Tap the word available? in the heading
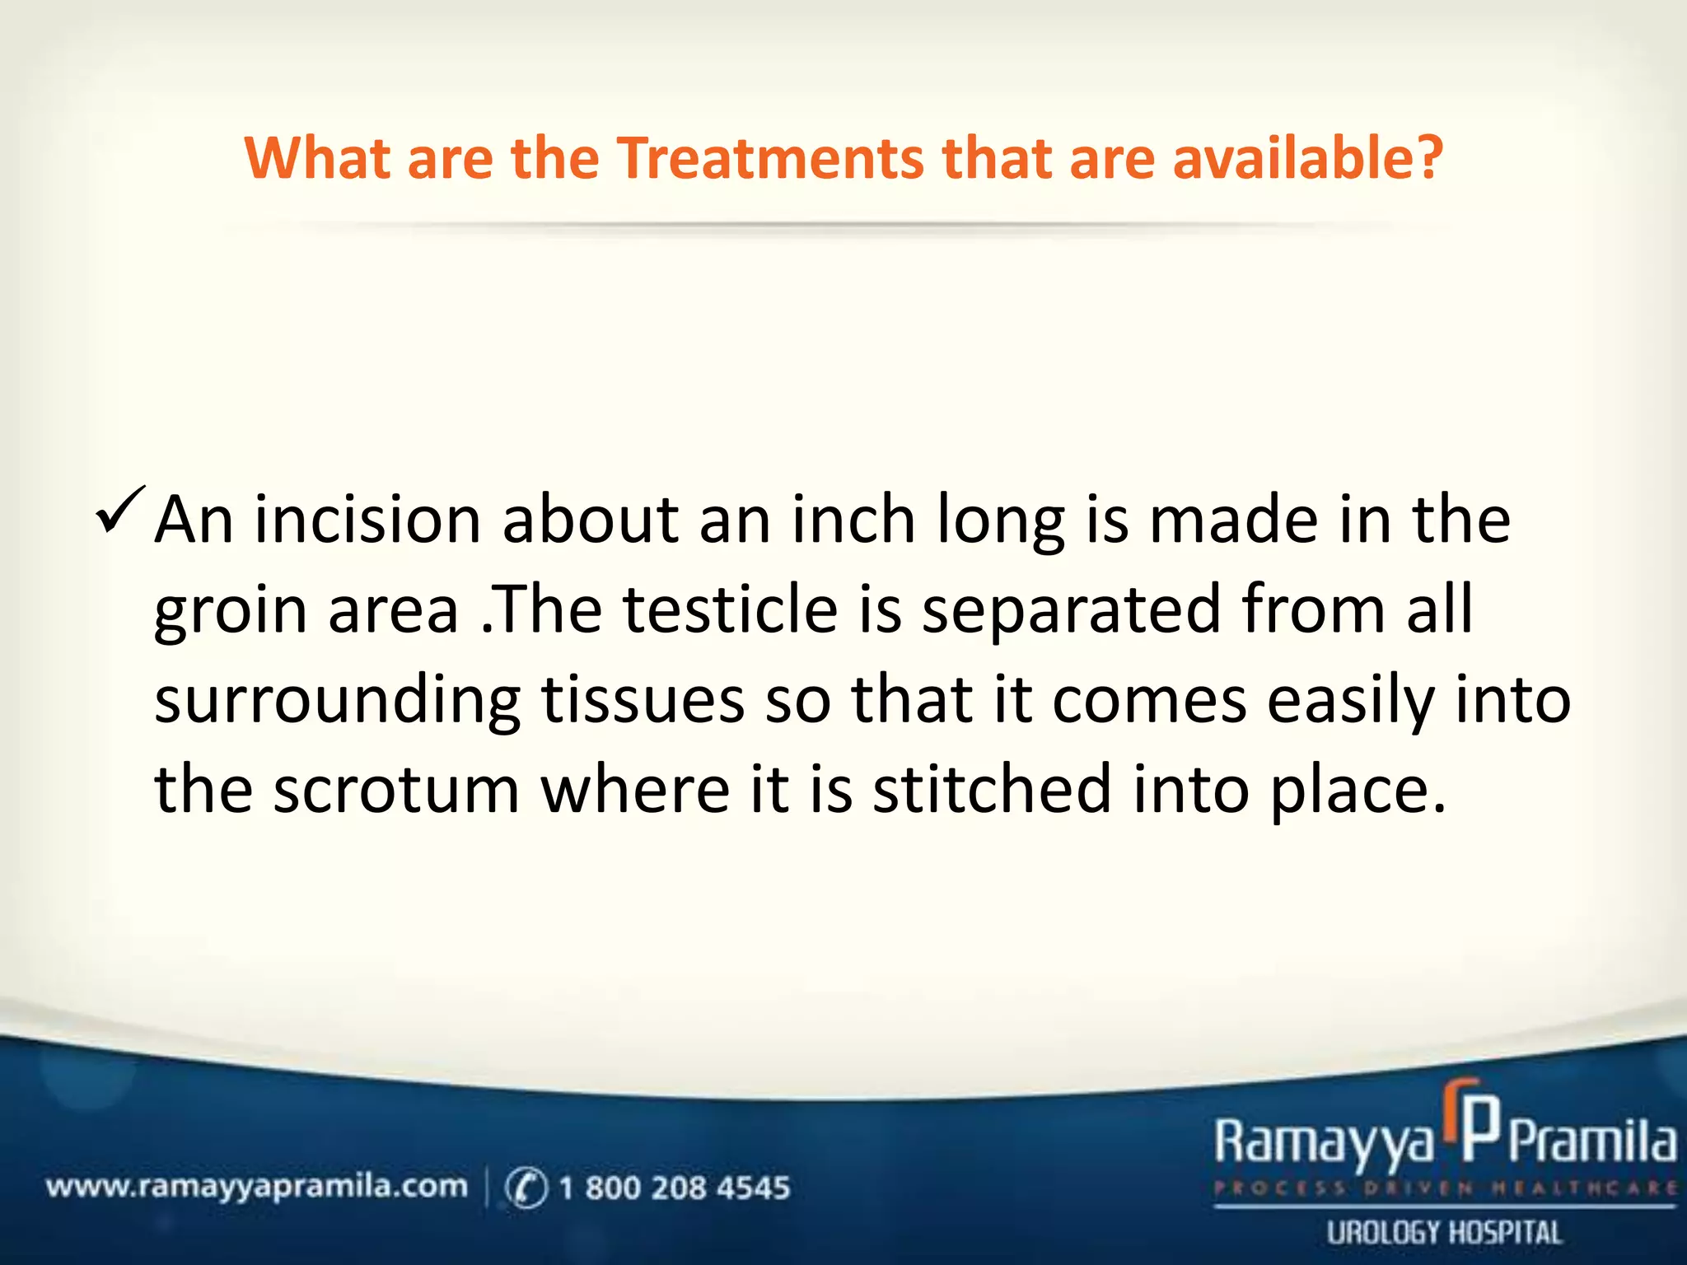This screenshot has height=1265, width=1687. [1307, 158]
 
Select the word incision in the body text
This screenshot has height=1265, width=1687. [367, 521]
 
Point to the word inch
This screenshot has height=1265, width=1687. [853, 521]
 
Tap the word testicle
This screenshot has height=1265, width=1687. [729, 610]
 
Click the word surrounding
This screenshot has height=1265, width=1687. [337, 703]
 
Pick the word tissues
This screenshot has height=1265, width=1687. [643, 701]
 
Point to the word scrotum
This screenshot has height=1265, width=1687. [396, 791]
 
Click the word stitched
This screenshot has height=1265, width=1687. [992, 791]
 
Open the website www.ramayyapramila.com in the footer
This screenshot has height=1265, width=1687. [256, 1187]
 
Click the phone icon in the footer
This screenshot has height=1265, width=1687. [526, 1188]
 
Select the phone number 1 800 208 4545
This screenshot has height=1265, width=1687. [674, 1188]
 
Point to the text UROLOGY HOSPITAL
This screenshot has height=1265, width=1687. [1444, 1233]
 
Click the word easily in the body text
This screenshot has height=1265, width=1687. [1350, 703]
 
